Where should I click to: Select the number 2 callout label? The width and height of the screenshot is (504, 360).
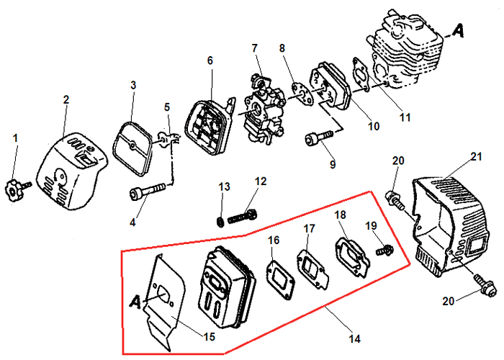point(66,99)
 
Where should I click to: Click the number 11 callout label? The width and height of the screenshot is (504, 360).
point(405,116)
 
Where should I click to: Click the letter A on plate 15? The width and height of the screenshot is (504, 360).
point(135,300)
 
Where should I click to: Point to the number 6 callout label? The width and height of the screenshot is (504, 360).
point(210,61)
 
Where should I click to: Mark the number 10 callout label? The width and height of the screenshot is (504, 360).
point(373,126)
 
